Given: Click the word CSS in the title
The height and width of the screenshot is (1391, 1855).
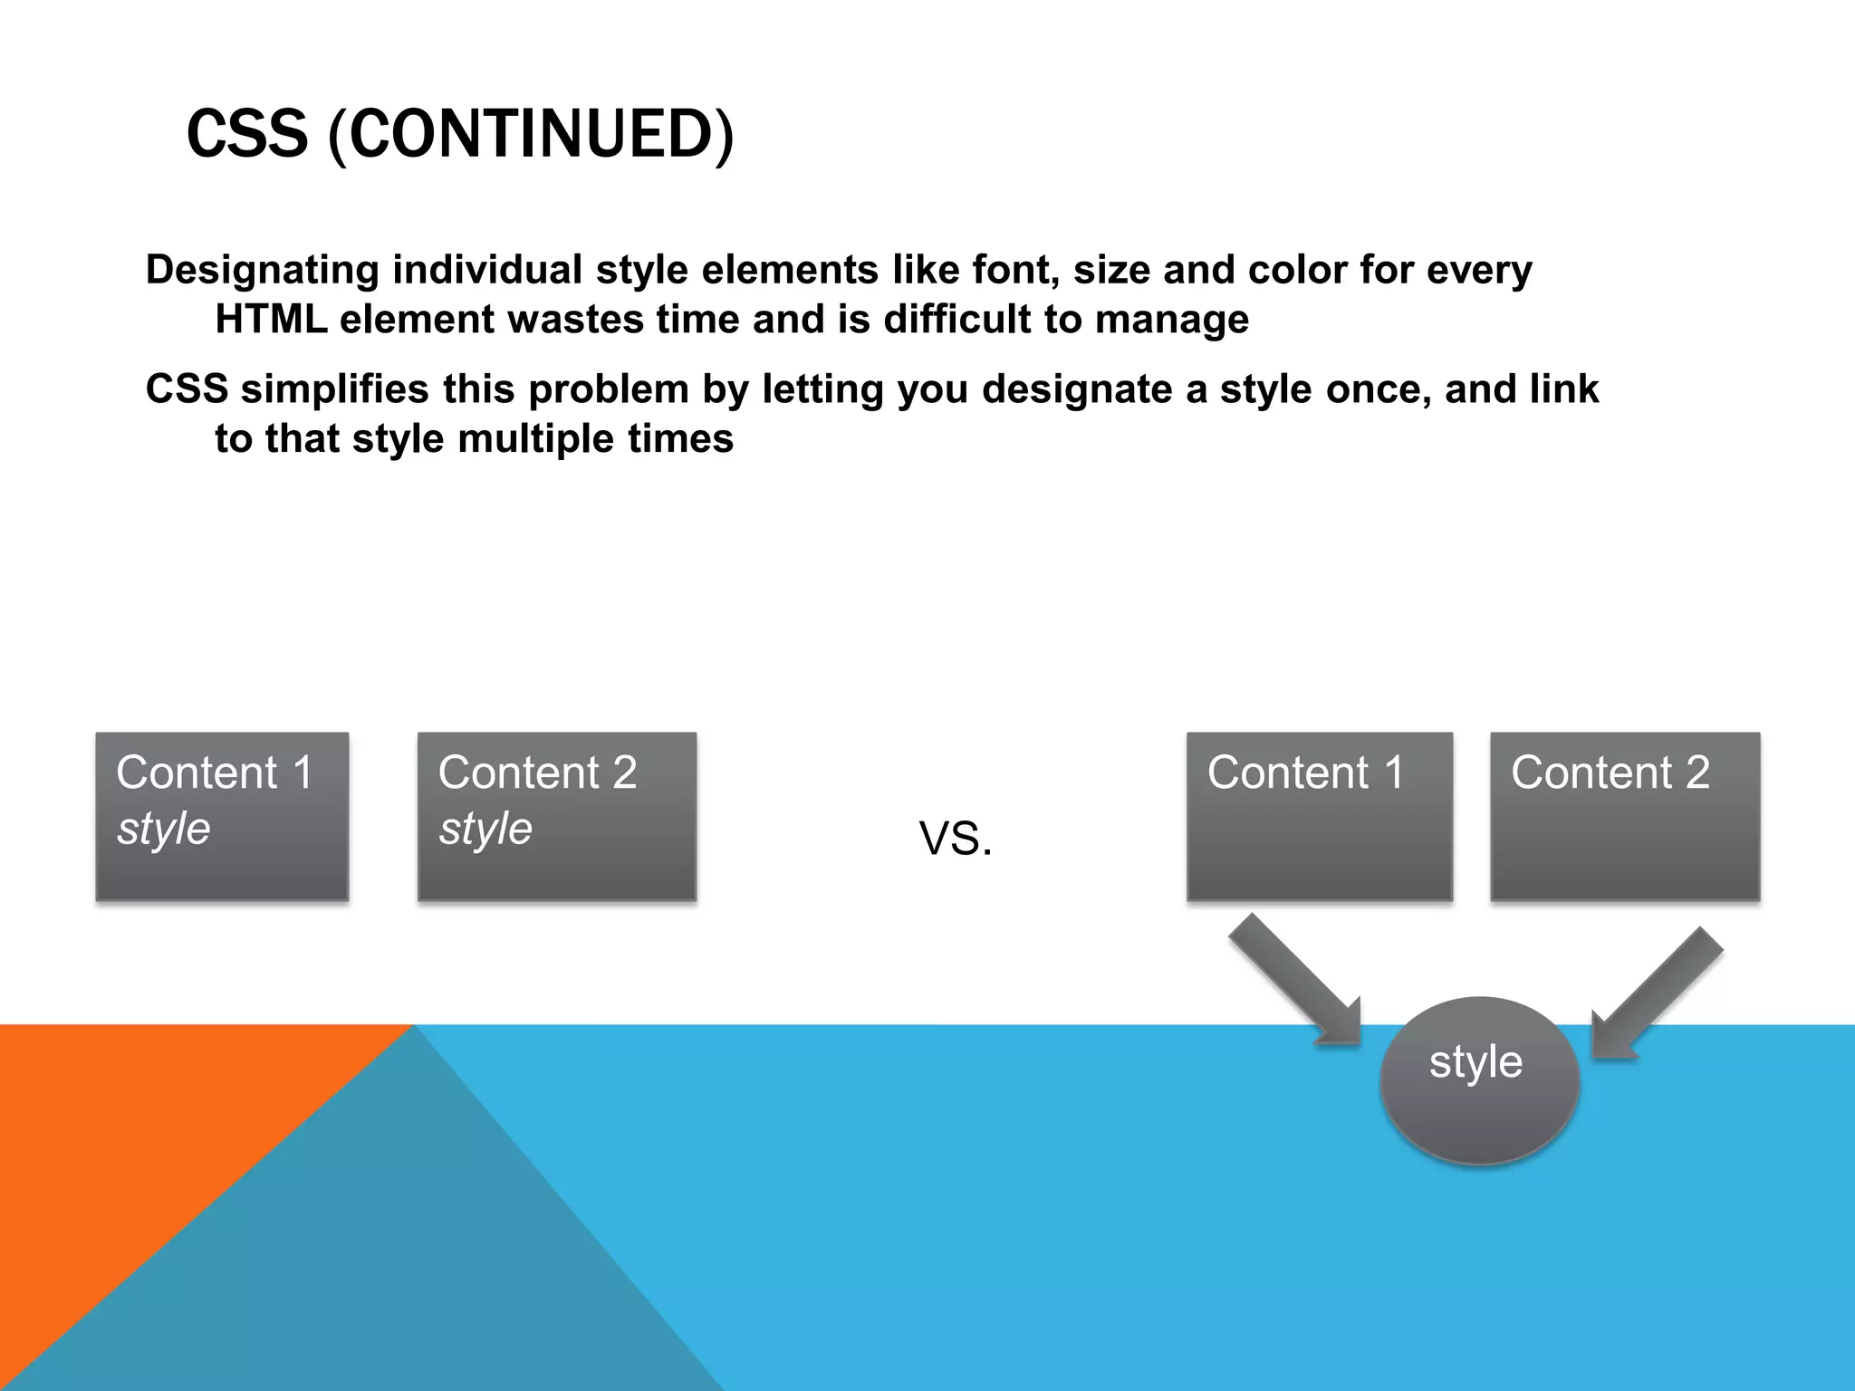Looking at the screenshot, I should (247, 134).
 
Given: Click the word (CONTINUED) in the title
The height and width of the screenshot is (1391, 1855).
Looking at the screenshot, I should (531, 134).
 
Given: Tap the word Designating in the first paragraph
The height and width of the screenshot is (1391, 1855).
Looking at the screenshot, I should (263, 270).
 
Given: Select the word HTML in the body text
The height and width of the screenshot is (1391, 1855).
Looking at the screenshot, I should (271, 319).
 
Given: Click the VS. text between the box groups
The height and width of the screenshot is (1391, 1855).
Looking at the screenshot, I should (956, 839).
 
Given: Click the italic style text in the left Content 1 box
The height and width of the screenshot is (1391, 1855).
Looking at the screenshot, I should (164, 829).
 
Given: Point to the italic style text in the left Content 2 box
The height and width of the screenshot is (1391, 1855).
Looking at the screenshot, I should (486, 829).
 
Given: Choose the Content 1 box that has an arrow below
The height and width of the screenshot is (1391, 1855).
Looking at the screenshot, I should (1319, 816).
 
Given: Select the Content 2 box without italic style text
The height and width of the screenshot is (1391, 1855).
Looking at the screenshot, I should (1625, 816).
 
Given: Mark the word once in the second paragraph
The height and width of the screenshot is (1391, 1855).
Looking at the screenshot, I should (1378, 389).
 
